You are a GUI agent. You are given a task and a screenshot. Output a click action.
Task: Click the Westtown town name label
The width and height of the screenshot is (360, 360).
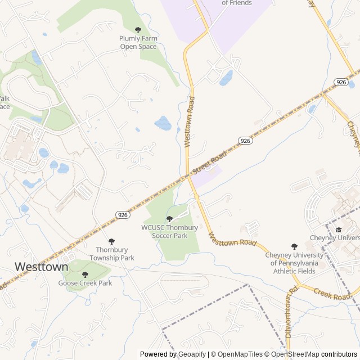[x=41, y=266]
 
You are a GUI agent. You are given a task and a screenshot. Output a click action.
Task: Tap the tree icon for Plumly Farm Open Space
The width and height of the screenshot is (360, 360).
[x=138, y=30]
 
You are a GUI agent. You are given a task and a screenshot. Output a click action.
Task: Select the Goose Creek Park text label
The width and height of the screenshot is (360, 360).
[x=85, y=283]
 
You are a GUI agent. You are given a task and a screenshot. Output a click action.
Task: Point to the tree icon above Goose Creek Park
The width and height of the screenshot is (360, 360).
[x=85, y=274]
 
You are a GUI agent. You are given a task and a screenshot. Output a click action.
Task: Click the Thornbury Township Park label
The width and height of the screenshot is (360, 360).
[x=112, y=254]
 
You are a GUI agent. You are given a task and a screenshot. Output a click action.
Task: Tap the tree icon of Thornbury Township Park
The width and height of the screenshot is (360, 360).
[x=111, y=241]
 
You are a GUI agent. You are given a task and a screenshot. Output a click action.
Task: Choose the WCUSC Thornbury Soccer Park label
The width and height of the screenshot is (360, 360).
[x=169, y=232]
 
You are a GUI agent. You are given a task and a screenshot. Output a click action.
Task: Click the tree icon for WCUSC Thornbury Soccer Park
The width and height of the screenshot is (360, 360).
[x=169, y=219]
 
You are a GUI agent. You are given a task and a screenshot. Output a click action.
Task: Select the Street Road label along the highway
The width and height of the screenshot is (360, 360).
[x=209, y=162]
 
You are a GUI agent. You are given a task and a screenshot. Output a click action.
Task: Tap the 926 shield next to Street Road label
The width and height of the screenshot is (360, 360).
[x=244, y=141]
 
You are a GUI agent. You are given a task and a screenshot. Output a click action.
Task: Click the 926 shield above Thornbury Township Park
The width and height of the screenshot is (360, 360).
[x=123, y=215]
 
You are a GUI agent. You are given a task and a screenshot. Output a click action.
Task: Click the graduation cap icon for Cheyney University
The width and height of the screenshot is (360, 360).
[x=339, y=229]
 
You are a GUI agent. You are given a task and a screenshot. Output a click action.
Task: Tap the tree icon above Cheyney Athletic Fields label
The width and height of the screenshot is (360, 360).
[x=294, y=246]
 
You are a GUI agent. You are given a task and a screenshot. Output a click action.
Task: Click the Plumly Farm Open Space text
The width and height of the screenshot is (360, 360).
[x=138, y=42]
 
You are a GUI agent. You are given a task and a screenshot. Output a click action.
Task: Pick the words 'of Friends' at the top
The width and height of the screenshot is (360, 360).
[x=237, y=3]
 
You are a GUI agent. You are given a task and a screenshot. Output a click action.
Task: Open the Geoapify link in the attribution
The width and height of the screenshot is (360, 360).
[x=192, y=354]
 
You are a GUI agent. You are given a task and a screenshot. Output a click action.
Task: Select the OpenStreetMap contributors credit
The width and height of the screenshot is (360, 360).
[x=314, y=354]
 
